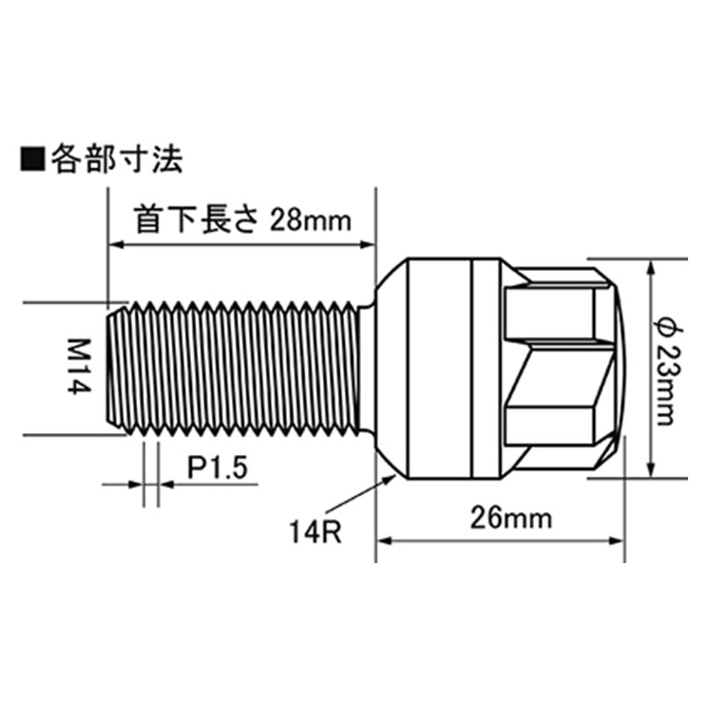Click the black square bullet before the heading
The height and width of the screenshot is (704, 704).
(x=32, y=160)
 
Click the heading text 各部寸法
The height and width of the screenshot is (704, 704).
(x=114, y=160)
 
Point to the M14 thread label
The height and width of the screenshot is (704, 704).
(x=77, y=367)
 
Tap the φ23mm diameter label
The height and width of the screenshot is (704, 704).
(x=666, y=368)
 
